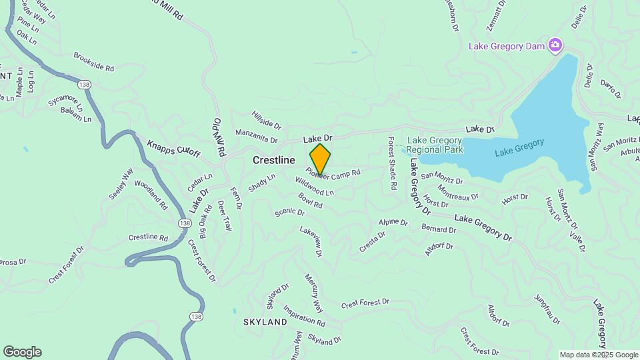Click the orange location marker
320,159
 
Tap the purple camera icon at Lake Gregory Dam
554,45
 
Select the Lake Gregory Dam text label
506,46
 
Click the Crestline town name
273,161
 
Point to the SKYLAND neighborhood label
265,322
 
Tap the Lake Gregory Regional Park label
435,145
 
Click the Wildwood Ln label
314,187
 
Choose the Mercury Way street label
314,293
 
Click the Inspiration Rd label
304,315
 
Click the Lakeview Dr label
311,241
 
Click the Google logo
22,352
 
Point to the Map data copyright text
599,355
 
